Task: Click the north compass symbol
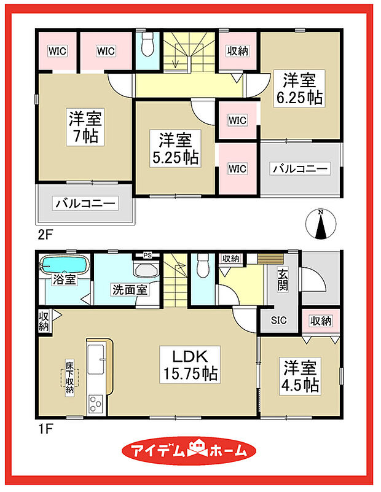[x=320, y=224]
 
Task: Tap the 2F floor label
[x=44, y=235]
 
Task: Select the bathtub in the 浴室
[x=65, y=267]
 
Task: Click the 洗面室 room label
[x=128, y=289]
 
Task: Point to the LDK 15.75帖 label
[x=188, y=364]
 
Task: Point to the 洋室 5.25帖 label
[x=176, y=148]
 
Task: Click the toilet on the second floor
[x=147, y=45]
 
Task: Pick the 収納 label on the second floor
[x=237, y=52]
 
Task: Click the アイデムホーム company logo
[x=190, y=450]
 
